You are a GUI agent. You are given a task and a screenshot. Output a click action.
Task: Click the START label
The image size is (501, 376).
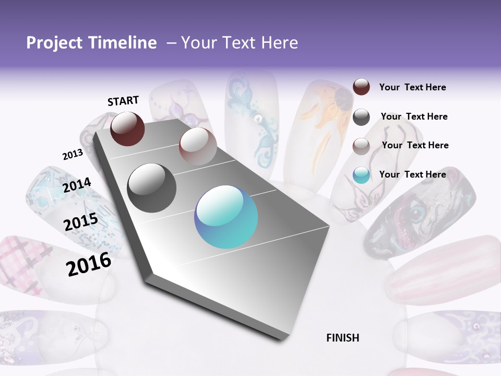123,101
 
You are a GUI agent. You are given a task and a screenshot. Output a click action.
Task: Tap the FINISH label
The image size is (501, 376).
343,338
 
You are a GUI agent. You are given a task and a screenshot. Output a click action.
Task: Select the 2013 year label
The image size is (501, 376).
73,155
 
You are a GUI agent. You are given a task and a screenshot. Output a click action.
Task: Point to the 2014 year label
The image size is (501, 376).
77,185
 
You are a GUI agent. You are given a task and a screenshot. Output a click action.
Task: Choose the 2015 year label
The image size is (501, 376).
81,222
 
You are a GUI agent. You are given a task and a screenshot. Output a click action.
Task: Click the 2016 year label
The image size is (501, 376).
89,264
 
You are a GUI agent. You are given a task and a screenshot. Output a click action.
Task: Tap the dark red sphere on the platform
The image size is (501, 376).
127,128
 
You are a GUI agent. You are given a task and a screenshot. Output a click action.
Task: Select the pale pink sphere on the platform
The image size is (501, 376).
198,146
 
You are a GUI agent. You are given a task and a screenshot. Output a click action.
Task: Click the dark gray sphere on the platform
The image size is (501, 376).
152,187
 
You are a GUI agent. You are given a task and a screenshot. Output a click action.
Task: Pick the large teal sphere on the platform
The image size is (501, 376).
226,217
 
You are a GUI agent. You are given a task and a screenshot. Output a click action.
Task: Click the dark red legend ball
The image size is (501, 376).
361,87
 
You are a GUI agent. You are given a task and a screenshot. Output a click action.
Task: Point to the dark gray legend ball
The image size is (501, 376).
361,117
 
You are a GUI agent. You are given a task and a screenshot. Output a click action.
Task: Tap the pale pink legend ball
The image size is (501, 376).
361,146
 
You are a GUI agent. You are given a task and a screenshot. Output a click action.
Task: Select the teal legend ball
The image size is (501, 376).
361,175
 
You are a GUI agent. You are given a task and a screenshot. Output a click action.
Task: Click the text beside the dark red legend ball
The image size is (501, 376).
412,88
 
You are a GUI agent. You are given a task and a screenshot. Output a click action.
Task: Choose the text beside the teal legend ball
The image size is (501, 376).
412,174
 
